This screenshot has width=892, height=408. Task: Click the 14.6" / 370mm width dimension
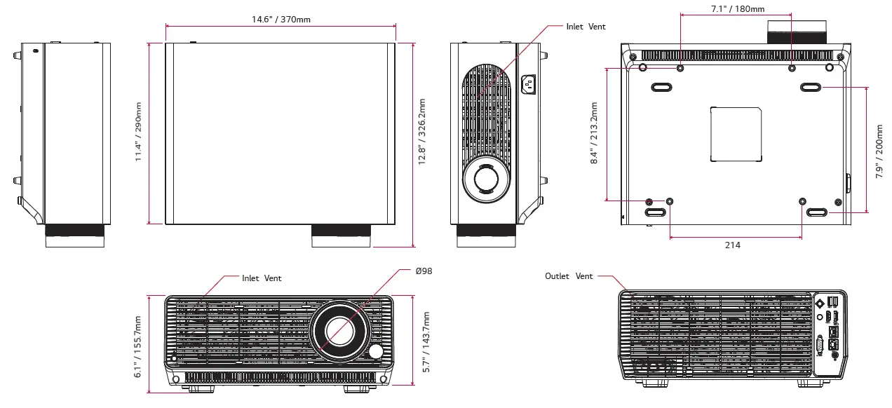[x=281, y=19]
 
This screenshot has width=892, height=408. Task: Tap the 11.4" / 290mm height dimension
[x=139, y=132]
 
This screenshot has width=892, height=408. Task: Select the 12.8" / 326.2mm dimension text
[x=422, y=132]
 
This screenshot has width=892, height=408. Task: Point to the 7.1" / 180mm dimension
[x=735, y=9]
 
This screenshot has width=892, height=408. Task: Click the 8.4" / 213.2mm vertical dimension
[x=594, y=133]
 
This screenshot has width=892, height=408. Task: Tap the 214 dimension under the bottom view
[x=733, y=245]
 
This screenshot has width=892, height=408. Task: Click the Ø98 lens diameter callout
[x=423, y=271]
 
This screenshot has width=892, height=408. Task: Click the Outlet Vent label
[x=569, y=276]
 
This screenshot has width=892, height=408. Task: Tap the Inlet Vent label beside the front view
[x=262, y=278]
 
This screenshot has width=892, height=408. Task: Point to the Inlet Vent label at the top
[x=586, y=27]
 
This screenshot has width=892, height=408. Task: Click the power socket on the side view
[x=528, y=85]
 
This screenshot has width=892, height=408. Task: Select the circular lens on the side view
[x=485, y=177]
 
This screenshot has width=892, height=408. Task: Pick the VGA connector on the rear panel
[x=820, y=346]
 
